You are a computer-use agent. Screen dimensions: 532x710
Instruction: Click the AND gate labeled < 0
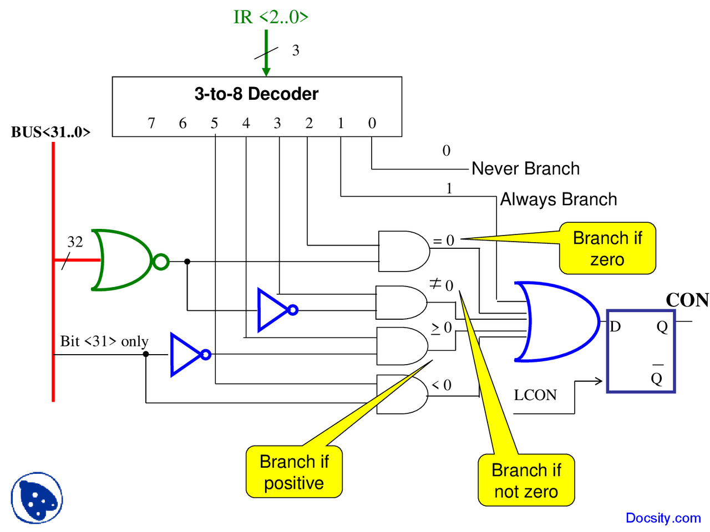402,394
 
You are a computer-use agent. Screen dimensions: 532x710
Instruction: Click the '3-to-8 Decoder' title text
256,94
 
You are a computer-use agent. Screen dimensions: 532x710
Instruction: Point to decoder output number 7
151,123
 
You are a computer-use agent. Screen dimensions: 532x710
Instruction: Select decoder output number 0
372,123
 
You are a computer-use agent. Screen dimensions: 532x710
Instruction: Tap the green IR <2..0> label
271,17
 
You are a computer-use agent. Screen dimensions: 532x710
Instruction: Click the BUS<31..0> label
50,132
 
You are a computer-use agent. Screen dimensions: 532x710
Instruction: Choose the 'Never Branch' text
525,168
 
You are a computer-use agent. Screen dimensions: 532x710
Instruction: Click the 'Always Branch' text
559,199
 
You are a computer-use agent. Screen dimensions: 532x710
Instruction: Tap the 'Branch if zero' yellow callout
607,249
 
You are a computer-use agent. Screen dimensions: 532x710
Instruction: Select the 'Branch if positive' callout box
294,472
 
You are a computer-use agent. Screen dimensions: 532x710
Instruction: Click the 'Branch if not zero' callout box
526,480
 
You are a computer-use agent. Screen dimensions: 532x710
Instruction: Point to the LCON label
535,395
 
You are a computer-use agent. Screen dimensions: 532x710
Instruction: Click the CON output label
687,300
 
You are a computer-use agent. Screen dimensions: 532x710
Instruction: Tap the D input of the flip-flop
615,326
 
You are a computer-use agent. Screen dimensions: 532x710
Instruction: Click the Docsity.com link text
663,518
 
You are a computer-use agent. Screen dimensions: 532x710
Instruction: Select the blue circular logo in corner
37,498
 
